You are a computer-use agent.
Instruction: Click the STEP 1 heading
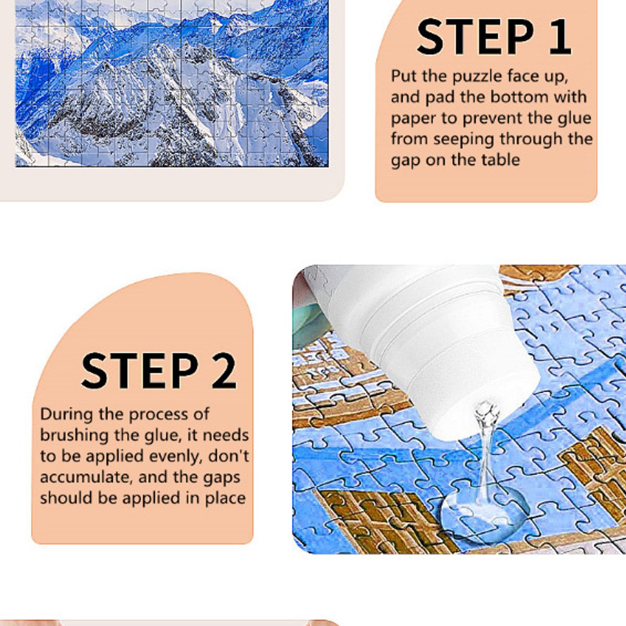(493, 37)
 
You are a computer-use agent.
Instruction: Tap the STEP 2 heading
(159, 371)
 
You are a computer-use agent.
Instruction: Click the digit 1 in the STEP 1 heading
(558, 37)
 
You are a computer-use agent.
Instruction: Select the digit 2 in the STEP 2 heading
(223, 371)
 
